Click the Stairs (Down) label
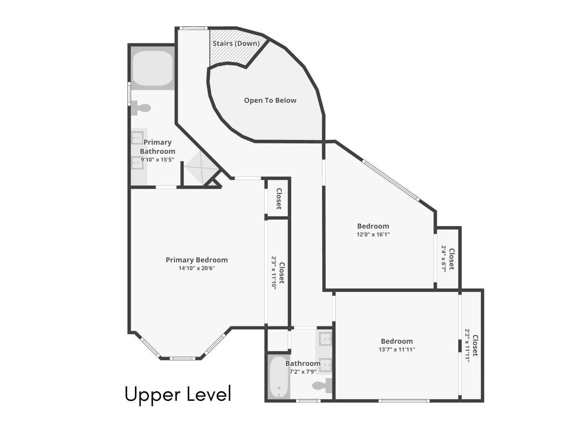click(236, 43)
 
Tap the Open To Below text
click(270, 100)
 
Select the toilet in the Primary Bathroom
click(141, 108)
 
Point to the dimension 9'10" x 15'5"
click(157, 160)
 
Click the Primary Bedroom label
click(197, 260)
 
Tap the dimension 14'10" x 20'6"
click(197, 268)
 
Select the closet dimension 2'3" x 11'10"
click(274, 273)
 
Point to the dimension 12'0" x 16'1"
click(373, 235)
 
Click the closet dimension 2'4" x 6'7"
click(443, 259)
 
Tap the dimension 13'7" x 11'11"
click(396, 349)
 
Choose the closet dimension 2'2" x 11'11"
click(467, 345)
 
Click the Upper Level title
click(178, 394)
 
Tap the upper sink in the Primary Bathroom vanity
click(137, 138)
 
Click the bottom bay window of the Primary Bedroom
click(180, 359)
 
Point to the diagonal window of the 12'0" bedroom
click(391, 180)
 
